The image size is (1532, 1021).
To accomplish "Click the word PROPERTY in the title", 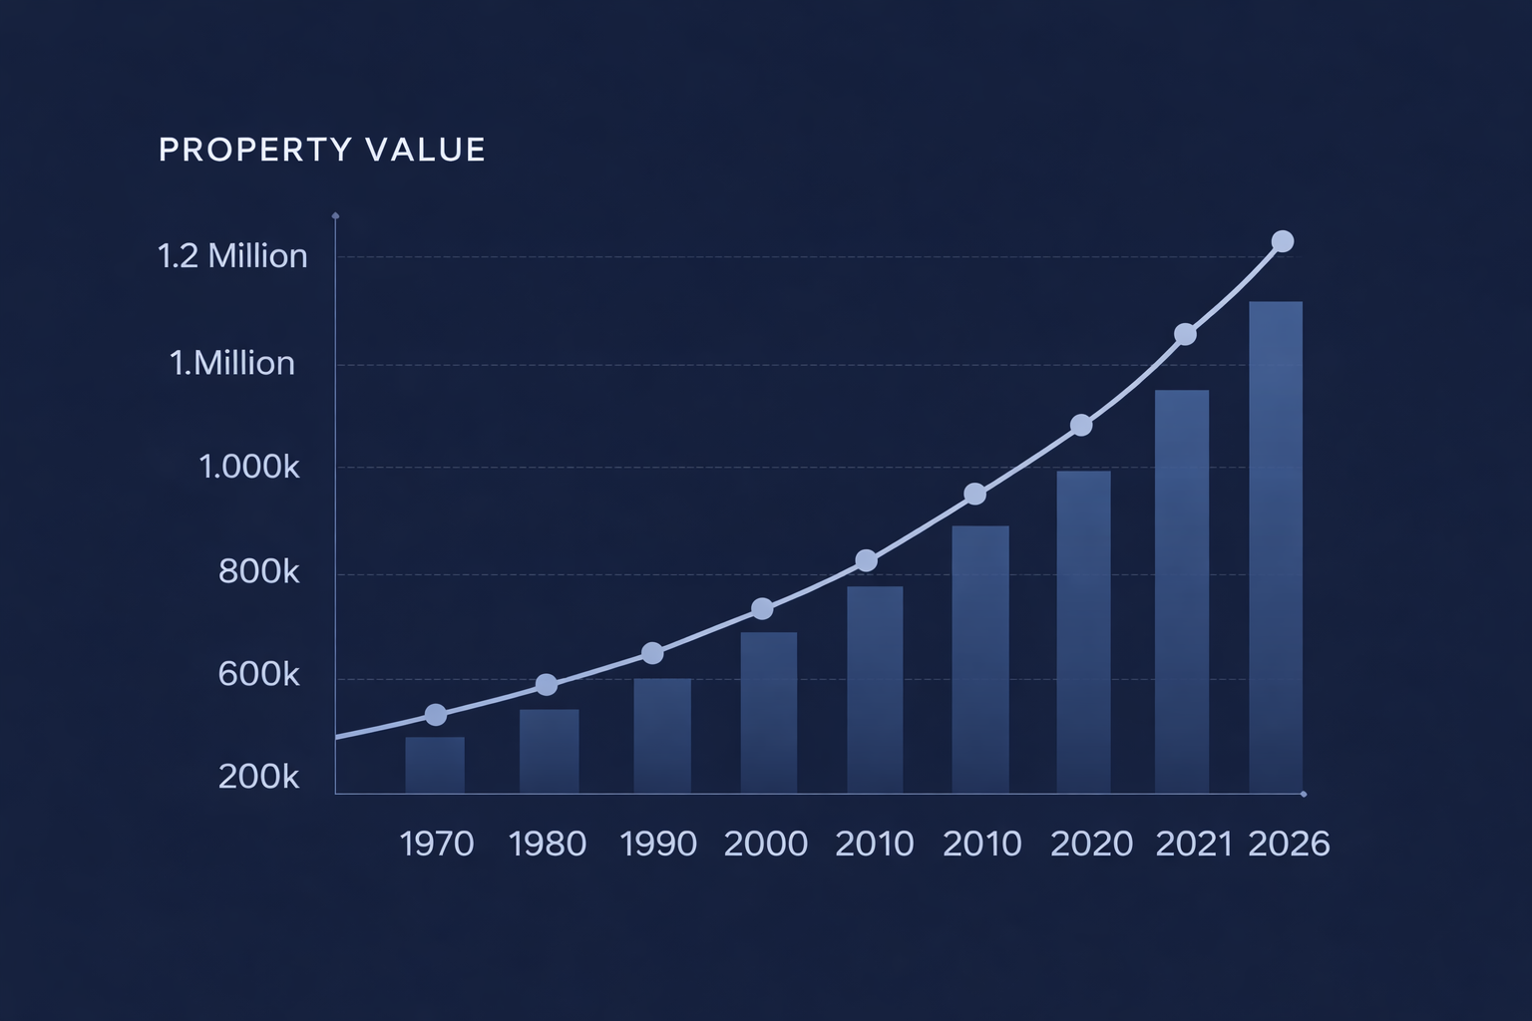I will click(x=255, y=150).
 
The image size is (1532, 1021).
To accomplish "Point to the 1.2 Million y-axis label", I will click(x=232, y=256).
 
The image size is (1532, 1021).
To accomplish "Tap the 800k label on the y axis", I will click(x=258, y=571).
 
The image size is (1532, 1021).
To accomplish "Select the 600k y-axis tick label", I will click(x=258, y=675).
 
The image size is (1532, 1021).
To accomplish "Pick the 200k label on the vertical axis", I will click(x=258, y=777).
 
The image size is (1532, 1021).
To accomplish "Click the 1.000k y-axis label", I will click(x=249, y=467).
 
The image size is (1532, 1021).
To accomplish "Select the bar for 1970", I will click(x=435, y=765).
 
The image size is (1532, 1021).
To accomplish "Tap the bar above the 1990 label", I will click(x=662, y=736).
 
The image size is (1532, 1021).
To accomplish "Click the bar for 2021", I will click(x=1182, y=591).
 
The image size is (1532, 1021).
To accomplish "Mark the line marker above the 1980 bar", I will click(x=547, y=684).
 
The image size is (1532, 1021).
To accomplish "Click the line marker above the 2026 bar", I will click(x=1283, y=241).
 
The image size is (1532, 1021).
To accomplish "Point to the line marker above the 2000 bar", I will click(x=762, y=608).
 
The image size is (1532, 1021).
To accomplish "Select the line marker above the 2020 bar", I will click(x=1081, y=426).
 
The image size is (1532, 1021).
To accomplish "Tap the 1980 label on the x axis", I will click(x=548, y=845).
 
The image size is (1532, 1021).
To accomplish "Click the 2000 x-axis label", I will click(x=765, y=845).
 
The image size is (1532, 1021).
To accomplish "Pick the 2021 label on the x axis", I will click(x=1194, y=845).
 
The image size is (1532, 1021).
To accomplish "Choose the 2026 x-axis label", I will click(x=1289, y=845).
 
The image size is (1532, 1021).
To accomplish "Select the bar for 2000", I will click(x=769, y=712).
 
